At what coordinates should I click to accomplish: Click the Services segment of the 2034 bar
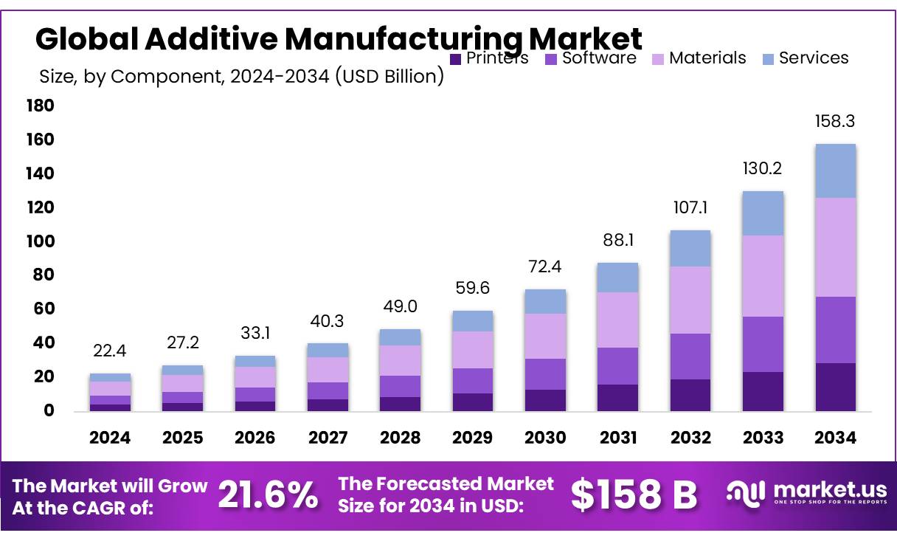(835, 171)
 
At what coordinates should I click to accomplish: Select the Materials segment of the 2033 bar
(763, 276)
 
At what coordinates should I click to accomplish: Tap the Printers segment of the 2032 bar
(690, 395)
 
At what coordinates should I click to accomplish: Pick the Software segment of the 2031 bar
(618, 366)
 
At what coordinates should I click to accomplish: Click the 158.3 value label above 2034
(835, 121)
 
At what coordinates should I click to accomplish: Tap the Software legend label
(598, 58)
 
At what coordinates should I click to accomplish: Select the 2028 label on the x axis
(400, 438)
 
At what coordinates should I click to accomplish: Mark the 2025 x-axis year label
(182, 438)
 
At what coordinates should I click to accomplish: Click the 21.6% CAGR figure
(269, 495)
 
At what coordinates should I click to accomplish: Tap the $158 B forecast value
(634, 495)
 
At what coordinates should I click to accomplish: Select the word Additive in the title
(195, 38)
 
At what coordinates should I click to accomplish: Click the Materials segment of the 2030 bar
(546, 336)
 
